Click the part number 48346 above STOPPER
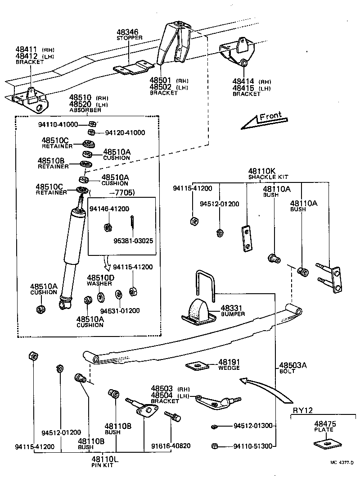coord(127,32)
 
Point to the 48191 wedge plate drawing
coord(197,365)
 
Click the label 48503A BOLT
coord(292,367)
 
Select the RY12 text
coord(303,409)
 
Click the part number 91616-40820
coord(171,446)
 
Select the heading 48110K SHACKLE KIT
coord(268,173)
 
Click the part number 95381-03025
coord(133,241)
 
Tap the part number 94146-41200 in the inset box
coord(109,209)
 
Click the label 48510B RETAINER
coord(53,163)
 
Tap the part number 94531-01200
coord(120,310)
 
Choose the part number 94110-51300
coord(252,446)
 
